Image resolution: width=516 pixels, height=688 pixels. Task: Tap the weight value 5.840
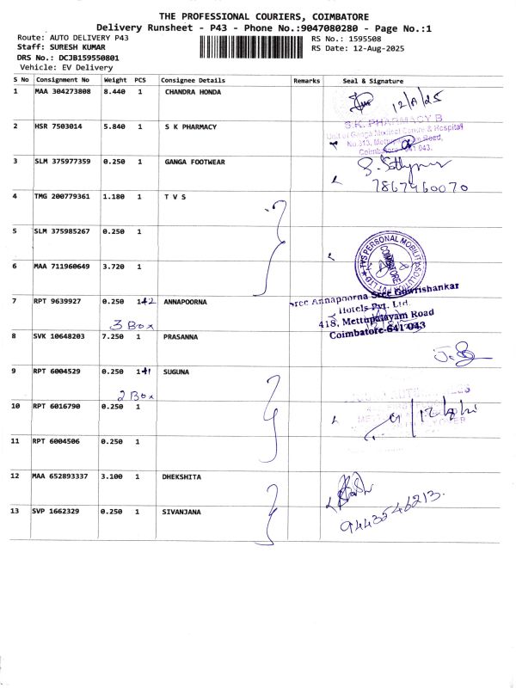coord(114,126)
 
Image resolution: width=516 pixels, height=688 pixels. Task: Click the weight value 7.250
coord(114,337)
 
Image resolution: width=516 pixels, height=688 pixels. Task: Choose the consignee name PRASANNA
coord(181,337)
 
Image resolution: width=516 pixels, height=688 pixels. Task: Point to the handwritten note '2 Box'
coord(135,396)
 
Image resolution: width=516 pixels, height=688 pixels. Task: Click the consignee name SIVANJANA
coord(181,512)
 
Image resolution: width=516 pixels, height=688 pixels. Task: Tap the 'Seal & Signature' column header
coord(372,80)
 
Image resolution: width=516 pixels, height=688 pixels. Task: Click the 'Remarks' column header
coord(306,80)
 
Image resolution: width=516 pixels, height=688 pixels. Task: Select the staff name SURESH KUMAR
coord(75,48)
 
